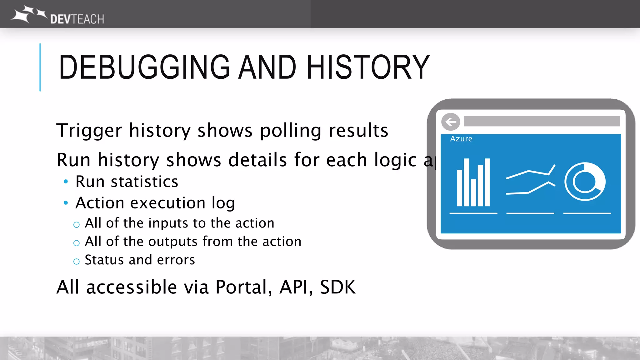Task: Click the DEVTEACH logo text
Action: coord(77,19)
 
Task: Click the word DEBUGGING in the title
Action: coord(144,67)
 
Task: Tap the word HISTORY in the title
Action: coord(368,67)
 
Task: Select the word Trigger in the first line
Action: coord(89,131)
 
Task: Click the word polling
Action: coord(290,131)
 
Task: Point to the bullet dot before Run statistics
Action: coord(66,182)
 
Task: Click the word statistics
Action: coord(144,182)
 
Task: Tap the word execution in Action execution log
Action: coord(167,203)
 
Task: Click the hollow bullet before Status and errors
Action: coord(77,261)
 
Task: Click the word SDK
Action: coord(337,287)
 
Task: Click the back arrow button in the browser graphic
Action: coord(451,122)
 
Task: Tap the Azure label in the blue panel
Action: coord(461,139)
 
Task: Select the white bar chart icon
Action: coord(473,183)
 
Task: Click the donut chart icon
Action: coord(585,182)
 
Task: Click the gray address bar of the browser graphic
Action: coord(542,121)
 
